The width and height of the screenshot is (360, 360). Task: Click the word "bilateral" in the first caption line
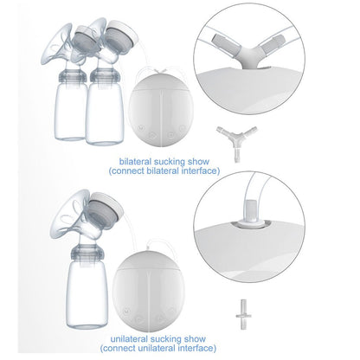coord(135,161)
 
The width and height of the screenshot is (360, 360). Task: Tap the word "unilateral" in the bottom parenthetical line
coord(157,348)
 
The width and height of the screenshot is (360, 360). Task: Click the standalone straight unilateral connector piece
coord(243,315)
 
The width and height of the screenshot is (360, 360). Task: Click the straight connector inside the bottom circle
coord(252,214)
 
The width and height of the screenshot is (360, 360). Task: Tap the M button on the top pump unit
coord(141,127)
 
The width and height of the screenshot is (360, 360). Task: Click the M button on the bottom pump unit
coord(125,312)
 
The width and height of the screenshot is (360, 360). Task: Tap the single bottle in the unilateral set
coord(87,287)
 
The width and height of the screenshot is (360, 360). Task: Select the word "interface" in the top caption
coord(201,170)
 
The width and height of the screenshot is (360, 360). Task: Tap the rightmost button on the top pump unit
coord(182,128)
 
